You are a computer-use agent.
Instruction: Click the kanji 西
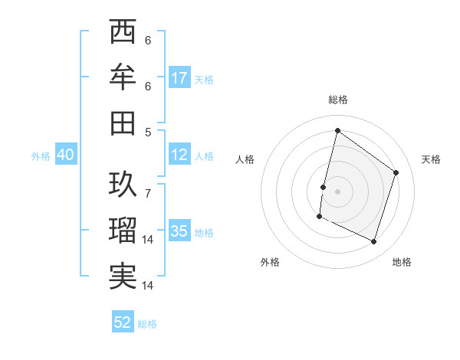(123, 33)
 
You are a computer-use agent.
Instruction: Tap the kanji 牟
(123, 77)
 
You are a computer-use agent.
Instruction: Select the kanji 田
(123, 122)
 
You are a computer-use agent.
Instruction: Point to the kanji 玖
(123, 184)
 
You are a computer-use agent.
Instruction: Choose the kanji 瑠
(123, 230)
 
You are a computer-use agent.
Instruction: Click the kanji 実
(123, 276)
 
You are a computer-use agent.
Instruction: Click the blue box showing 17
(179, 77)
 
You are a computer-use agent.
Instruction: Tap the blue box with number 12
(179, 155)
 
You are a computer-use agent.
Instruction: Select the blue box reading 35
(179, 231)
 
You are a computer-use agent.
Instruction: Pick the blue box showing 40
(65, 155)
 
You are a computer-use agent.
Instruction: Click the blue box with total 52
(123, 322)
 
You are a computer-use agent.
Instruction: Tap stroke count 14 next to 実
(148, 286)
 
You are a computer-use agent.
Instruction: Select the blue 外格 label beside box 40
(41, 155)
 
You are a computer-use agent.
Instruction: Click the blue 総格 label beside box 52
(147, 323)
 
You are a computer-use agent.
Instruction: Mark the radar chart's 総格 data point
(337, 131)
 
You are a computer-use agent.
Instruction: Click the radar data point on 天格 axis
(396, 172)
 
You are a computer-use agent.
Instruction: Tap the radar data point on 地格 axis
(374, 242)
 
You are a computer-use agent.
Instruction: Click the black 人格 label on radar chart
(245, 159)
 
